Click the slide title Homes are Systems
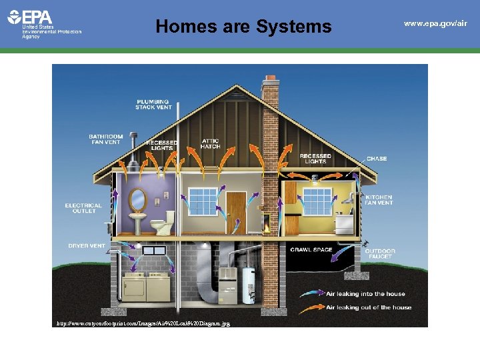(x=243, y=26)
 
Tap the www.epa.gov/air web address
(x=435, y=23)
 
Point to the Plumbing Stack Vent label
(x=153, y=104)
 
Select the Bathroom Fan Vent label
(x=106, y=139)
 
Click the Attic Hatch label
(x=210, y=143)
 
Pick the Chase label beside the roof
(x=376, y=159)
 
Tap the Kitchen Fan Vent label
(x=379, y=200)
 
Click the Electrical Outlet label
(x=83, y=208)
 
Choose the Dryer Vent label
(x=87, y=246)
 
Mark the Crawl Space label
(x=311, y=250)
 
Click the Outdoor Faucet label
(x=379, y=254)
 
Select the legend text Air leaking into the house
(x=365, y=294)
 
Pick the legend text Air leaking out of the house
(x=368, y=307)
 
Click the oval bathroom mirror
(x=137, y=199)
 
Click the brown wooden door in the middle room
(x=235, y=211)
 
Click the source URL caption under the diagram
(x=143, y=323)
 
